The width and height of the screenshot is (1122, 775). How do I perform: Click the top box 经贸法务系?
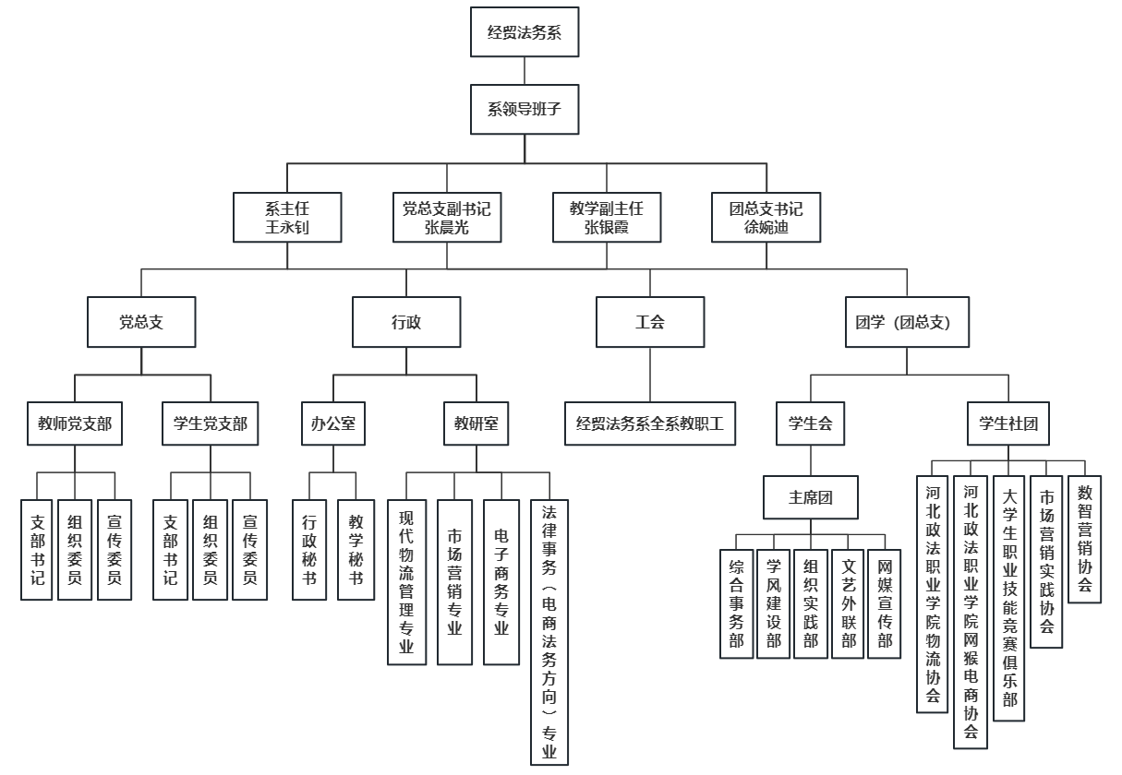525,32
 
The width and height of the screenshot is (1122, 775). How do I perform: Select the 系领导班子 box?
525,110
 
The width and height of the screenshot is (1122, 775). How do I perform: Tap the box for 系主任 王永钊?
286,218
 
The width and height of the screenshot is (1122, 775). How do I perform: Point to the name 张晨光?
447,228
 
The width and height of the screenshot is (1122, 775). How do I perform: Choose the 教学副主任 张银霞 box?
607,218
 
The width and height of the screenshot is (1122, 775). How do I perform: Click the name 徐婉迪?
766,228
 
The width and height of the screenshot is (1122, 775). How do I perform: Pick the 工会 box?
649,322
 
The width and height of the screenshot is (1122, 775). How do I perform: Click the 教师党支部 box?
75,424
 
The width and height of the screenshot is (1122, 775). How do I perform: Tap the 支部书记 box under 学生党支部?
170,550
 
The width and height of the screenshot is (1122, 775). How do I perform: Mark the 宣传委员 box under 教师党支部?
115,550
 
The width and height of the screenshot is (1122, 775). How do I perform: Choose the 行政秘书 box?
309,550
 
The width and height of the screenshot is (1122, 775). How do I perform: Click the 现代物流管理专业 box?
406,582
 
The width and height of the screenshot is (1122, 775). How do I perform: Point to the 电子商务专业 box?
501,582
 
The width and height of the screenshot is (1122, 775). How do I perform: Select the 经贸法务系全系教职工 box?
649,424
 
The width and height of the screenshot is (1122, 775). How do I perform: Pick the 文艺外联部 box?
848,603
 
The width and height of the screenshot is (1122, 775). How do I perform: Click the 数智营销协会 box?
1084,540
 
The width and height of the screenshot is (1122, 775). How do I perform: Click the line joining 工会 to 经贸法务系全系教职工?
649,374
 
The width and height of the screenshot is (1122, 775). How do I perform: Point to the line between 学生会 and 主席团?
810,462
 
